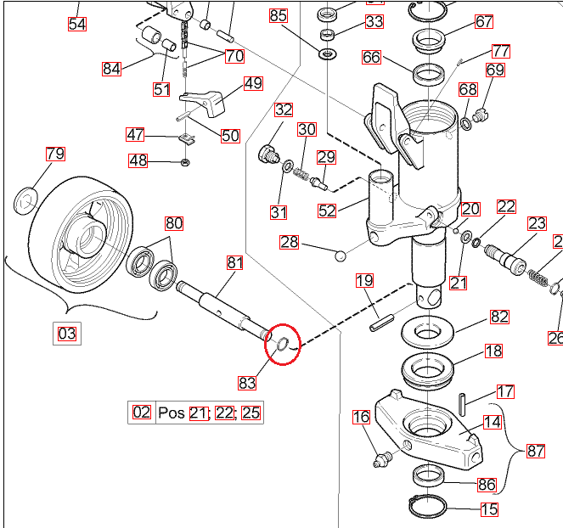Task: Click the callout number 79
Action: click(x=55, y=154)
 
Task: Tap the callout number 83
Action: click(x=247, y=382)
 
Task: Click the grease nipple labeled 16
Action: click(x=379, y=459)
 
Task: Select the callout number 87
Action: click(x=536, y=451)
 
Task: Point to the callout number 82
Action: click(x=499, y=316)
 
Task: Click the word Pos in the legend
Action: click(x=171, y=413)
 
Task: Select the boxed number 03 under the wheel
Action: click(x=67, y=333)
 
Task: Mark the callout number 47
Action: click(x=136, y=134)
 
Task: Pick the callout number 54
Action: click(x=77, y=23)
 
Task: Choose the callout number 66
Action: click(x=371, y=58)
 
